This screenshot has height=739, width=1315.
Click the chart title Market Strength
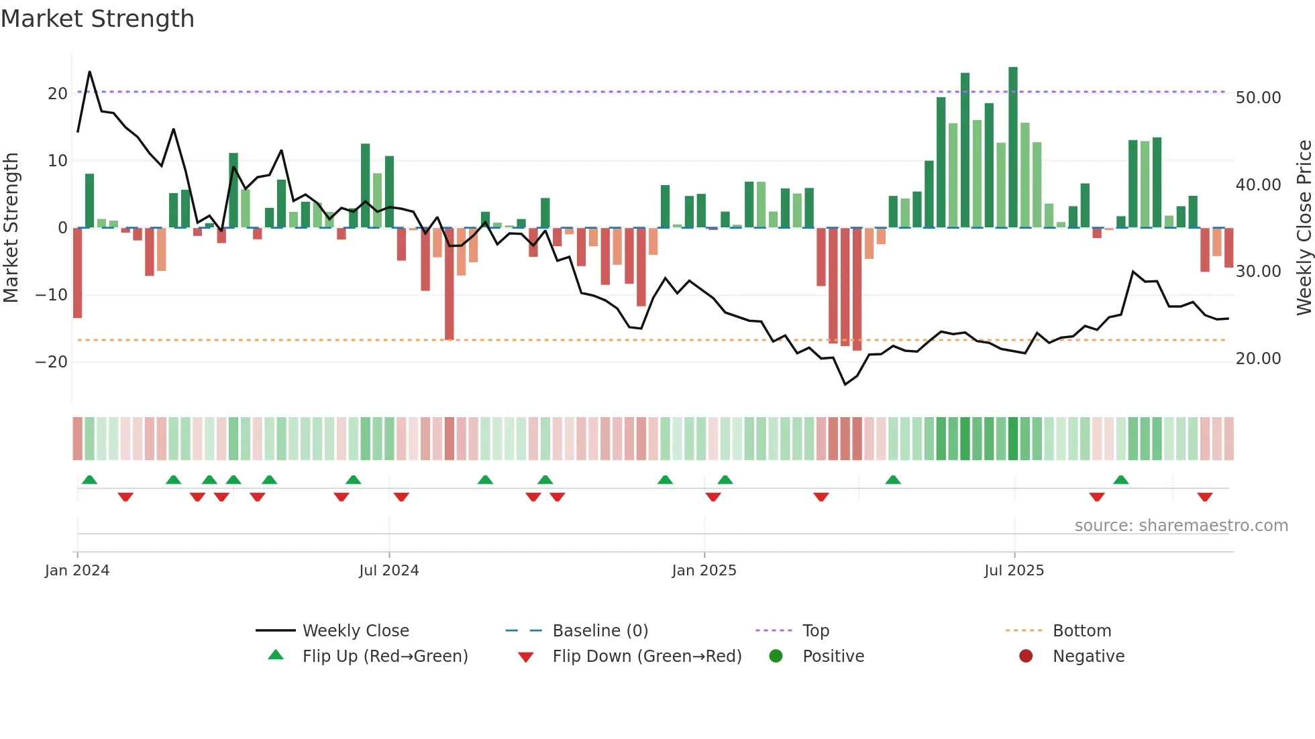(97, 19)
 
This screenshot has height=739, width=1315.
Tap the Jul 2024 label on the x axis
(388, 571)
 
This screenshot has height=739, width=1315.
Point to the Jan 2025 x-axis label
(704, 571)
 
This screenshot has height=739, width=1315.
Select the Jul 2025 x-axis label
(1014, 571)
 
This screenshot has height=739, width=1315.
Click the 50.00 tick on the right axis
(1258, 98)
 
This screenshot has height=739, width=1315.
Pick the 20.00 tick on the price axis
(1258, 359)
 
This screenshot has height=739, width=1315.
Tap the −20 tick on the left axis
(51, 362)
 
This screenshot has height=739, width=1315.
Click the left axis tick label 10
(57, 161)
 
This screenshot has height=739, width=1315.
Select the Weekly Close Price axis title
(1304, 227)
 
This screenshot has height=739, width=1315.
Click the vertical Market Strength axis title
(11, 227)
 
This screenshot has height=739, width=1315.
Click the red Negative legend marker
(1026, 657)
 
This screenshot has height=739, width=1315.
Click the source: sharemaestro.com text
(1181, 526)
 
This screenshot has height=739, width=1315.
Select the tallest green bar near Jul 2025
(1013, 148)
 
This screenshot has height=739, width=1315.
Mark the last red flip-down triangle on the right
(1205, 497)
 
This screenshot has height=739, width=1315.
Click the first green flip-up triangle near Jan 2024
(89, 479)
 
